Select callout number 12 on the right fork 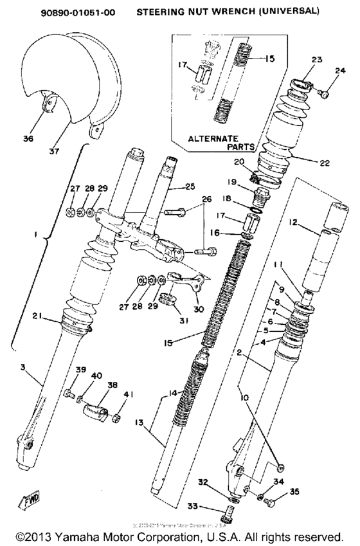pyautogui.click(x=311, y=223)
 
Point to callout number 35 pyautogui.click(x=295, y=493)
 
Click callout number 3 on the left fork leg pyautogui.click(x=23, y=367)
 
